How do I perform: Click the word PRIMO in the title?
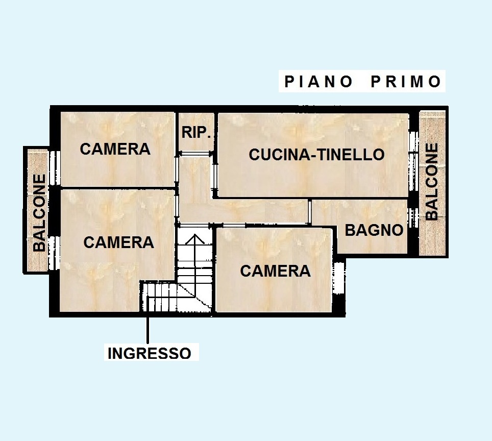pyautogui.click(x=406, y=82)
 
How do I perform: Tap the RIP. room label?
pyautogui.click(x=196, y=133)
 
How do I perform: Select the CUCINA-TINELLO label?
pyautogui.click(x=316, y=155)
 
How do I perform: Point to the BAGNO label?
pyautogui.click(x=374, y=230)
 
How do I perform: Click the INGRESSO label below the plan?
pyautogui.click(x=150, y=353)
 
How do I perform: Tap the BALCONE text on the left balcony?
pyautogui.click(x=40, y=213)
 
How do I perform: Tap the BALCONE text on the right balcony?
pyautogui.click(x=432, y=182)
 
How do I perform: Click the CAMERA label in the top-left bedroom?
pyautogui.click(x=115, y=149)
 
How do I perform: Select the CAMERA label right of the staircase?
pyautogui.click(x=275, y=271)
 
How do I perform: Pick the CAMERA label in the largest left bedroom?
pyautogui.click(x=118, y=242)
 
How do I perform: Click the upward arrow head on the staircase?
pyautogui.click(x=194, y=238)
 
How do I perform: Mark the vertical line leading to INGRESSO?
pyautogui.click(x=148, y=327)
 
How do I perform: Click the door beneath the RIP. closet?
pyautogui.click(x=195, y=153)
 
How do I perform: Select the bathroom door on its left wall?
pyautogui.click(x=310, y=211)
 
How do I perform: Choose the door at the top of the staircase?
pyautogui.click(x=194, y=225)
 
